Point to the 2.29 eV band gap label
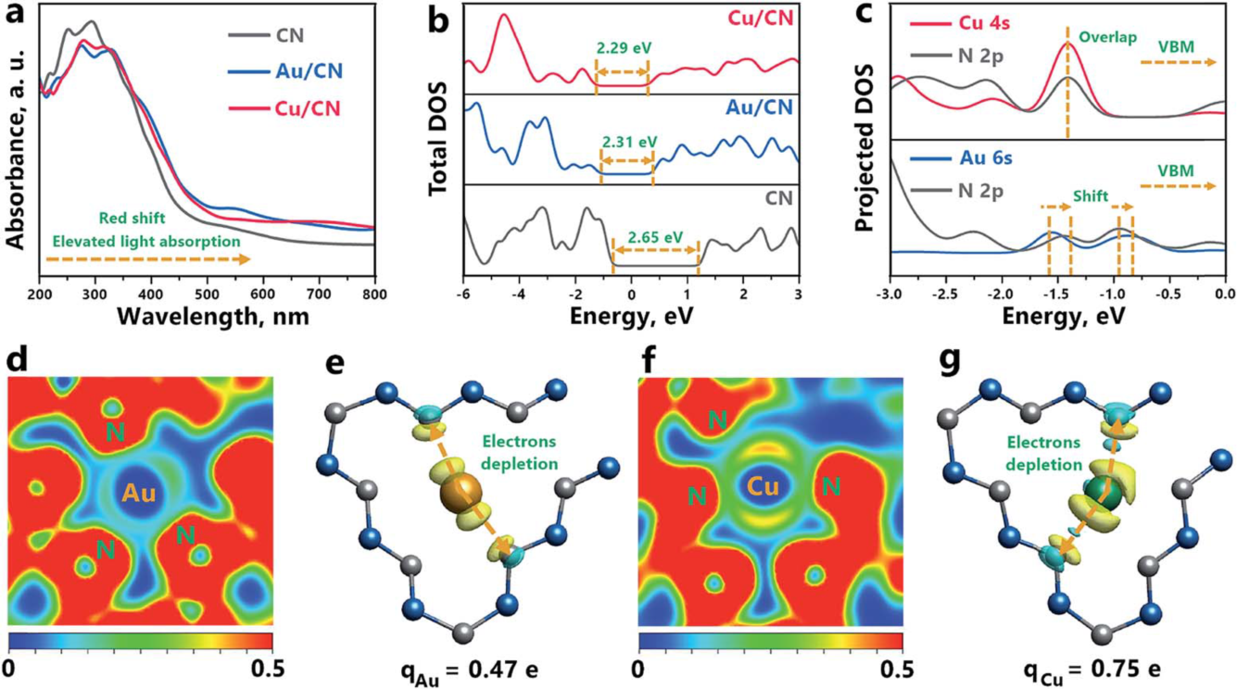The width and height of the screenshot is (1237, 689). [x=621, y=44]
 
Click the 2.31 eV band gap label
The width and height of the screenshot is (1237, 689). [x=628, y=142]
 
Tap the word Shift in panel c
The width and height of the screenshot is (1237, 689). [x=1091, y=195]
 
